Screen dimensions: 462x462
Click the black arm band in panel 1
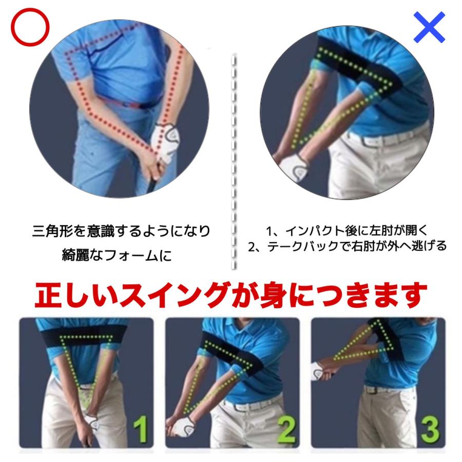86,333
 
